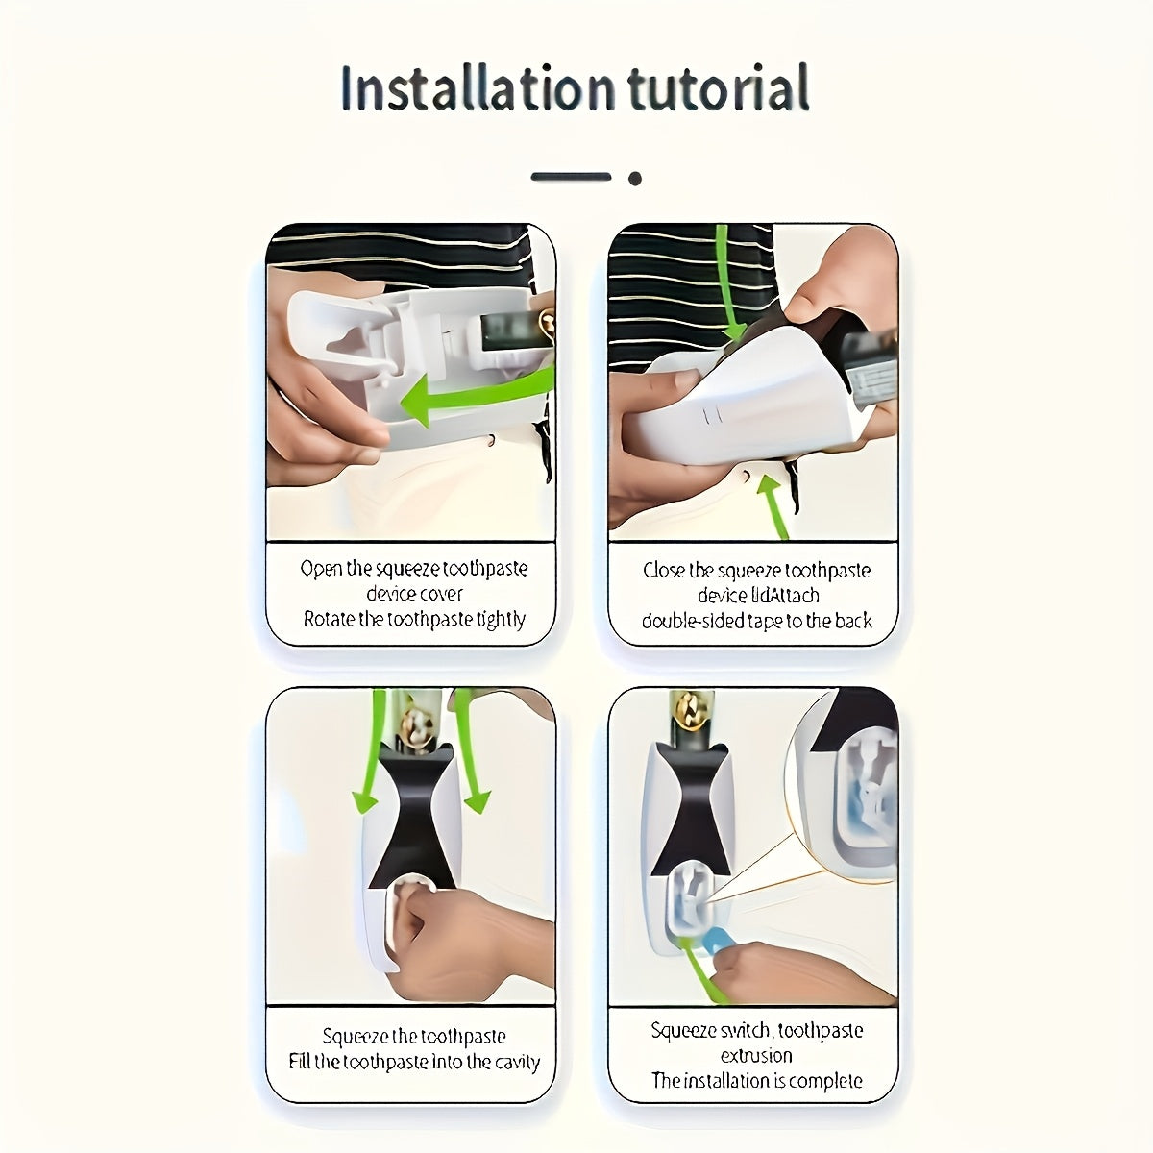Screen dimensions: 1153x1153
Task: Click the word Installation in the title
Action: click(477, 88)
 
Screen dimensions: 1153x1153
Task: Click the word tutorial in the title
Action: click(718, 88)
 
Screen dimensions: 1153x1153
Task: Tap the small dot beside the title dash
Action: click(634, 178)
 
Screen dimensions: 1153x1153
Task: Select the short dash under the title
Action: click(571, 177)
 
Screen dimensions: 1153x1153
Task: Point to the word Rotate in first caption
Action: click(330, 619)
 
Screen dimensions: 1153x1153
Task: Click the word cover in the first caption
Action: click(441, 594)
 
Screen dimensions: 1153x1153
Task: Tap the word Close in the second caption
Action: click(664, 571)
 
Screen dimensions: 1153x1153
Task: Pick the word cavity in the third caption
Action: click(518, 1062)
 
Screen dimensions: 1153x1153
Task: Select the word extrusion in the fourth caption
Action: click(756, 1055)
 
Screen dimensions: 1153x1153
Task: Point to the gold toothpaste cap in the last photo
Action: click(689, 711)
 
